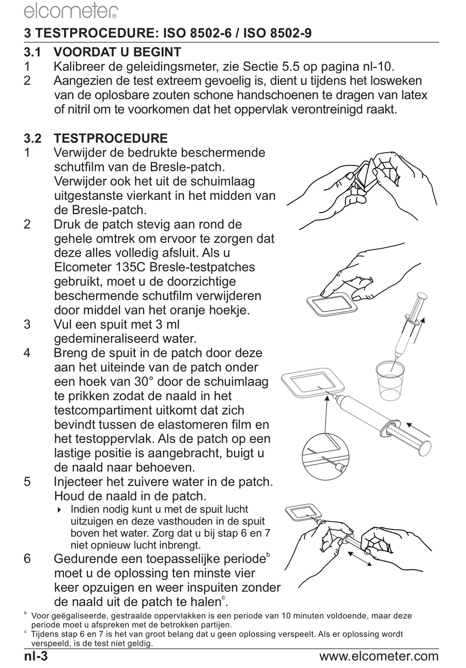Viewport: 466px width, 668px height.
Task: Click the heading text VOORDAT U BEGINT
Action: point(117,52)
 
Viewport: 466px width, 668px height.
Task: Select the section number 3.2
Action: point(33,139)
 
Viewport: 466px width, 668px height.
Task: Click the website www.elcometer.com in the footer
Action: point(379,656)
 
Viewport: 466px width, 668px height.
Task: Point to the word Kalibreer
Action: point(79,66)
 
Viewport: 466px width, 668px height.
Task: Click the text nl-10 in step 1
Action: point(379,66)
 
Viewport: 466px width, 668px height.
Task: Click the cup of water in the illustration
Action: point(390,379)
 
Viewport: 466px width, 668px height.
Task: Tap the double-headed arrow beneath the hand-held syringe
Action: point(360,558)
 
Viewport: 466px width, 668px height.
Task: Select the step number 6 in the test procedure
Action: point(27,559)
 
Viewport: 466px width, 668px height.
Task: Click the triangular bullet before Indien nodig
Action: point(59,510)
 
